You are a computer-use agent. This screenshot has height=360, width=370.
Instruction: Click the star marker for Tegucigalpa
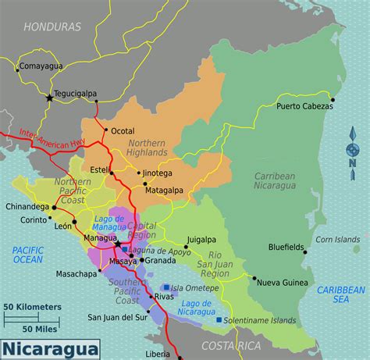pyautogui.click(x=51, y=98)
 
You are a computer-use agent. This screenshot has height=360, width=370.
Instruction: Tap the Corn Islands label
pyautogui.click(x=336, y=240)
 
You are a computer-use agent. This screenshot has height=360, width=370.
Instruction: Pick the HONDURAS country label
pyautogui.click(x=52, y=27)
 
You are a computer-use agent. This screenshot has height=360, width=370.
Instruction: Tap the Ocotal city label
pyautogui.click(x=123, y=130)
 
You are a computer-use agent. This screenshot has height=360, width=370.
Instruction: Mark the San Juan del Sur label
pyautogui.click(x=117, y=317)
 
